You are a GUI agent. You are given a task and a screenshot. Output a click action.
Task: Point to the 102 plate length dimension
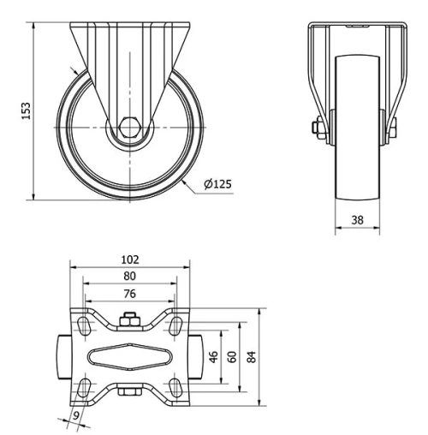(130, 258)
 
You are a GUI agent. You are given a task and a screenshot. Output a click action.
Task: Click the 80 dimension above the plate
(130, 276)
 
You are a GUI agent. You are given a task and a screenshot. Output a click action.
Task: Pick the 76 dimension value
(130, 295)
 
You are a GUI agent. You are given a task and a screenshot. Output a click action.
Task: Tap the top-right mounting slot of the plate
(175, 325)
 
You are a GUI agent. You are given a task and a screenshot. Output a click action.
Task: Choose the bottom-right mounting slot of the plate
(175, 386)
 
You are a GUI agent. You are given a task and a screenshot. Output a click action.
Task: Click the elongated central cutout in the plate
(130, 355)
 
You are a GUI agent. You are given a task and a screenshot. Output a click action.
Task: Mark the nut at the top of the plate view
(129, 321)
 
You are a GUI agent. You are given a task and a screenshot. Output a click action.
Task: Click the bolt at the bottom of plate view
(129, 392)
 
